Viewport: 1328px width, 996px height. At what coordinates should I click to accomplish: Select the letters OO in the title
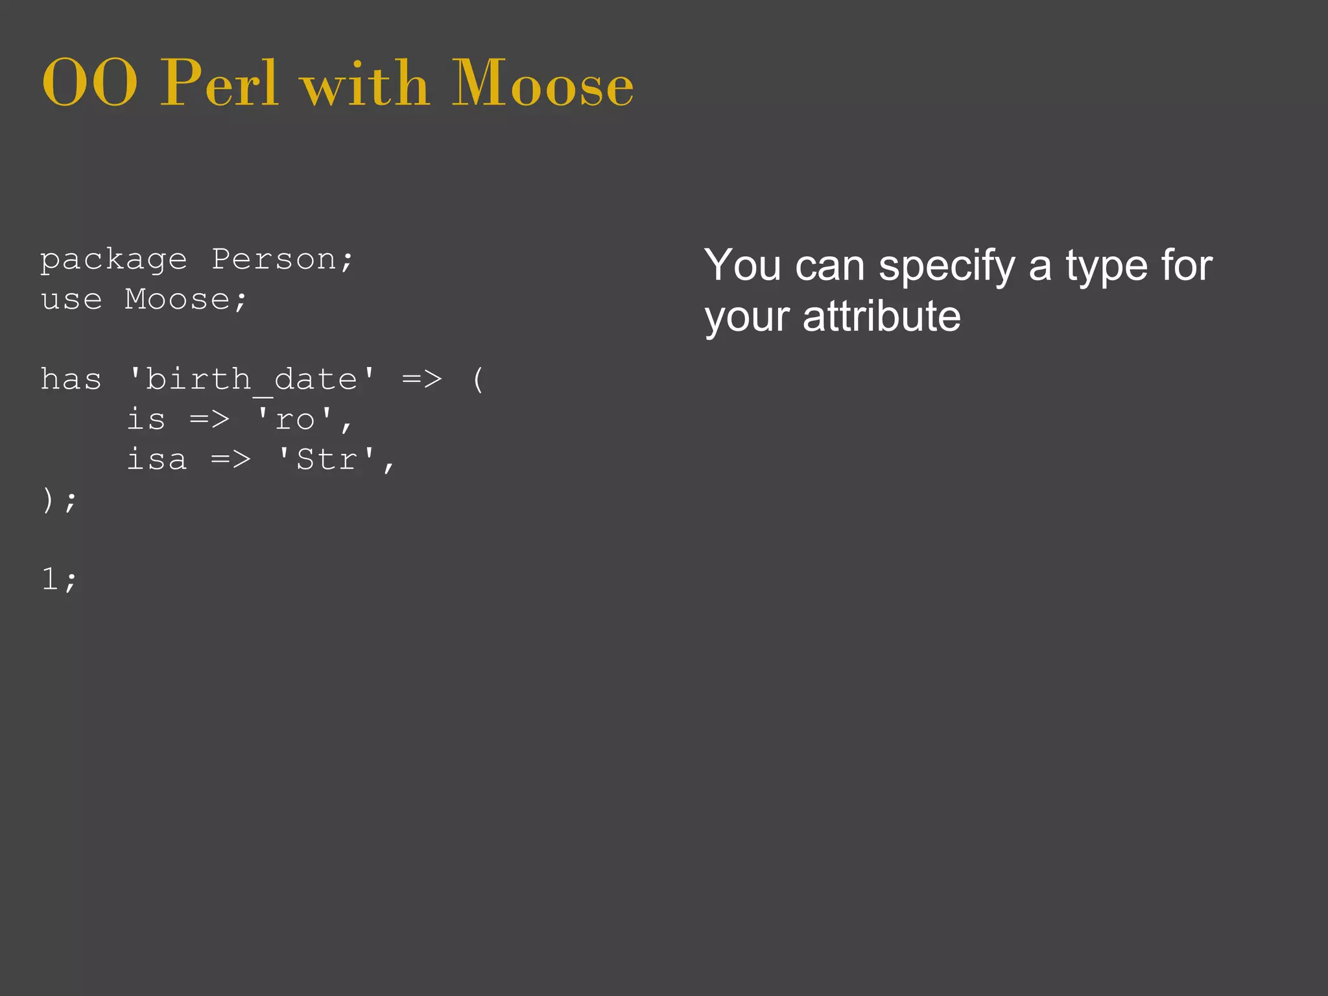(x=89, y=84)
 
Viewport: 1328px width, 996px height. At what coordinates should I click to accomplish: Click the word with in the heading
(x=366, y=84)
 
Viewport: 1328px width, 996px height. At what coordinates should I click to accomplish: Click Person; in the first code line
(x=283, y=260)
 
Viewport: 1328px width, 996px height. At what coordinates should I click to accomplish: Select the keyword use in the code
(x=71, y=300)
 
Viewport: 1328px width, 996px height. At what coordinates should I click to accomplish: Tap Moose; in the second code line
(x=185, y=300)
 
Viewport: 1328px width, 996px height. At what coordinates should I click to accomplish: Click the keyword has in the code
(x=71, y=379)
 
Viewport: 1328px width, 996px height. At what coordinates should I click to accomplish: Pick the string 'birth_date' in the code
(x=252, y=379)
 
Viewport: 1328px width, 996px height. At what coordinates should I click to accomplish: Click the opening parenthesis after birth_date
(x=478, y=379)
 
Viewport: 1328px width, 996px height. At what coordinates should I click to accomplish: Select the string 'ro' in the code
(x=295, y=420)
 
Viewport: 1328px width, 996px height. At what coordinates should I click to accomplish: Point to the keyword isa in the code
(x=157, y=460)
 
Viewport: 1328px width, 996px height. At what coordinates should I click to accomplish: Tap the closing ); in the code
(x=59, y=500)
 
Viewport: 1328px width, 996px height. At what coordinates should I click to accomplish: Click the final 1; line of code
(x=59, y=579)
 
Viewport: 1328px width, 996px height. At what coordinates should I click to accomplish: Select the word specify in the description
(x=947, y=267)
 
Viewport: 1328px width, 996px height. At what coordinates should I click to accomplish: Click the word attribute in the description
(x=881, y=316)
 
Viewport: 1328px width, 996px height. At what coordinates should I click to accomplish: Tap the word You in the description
(x=743, y=265)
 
